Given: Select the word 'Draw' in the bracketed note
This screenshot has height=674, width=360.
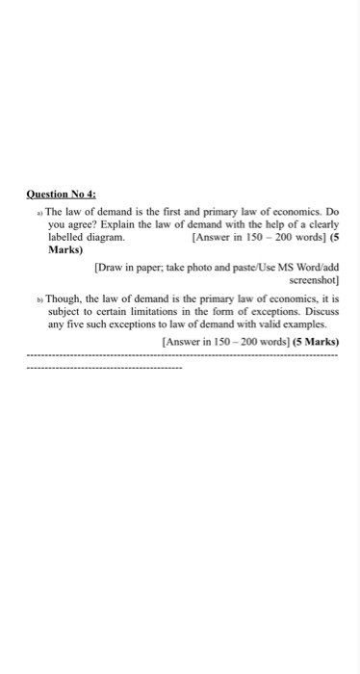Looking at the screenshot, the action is tap(113, 267).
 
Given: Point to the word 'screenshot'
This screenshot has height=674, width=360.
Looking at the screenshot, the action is tap(308, 280).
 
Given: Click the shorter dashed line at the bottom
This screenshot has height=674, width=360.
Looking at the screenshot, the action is tap(104, 368).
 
